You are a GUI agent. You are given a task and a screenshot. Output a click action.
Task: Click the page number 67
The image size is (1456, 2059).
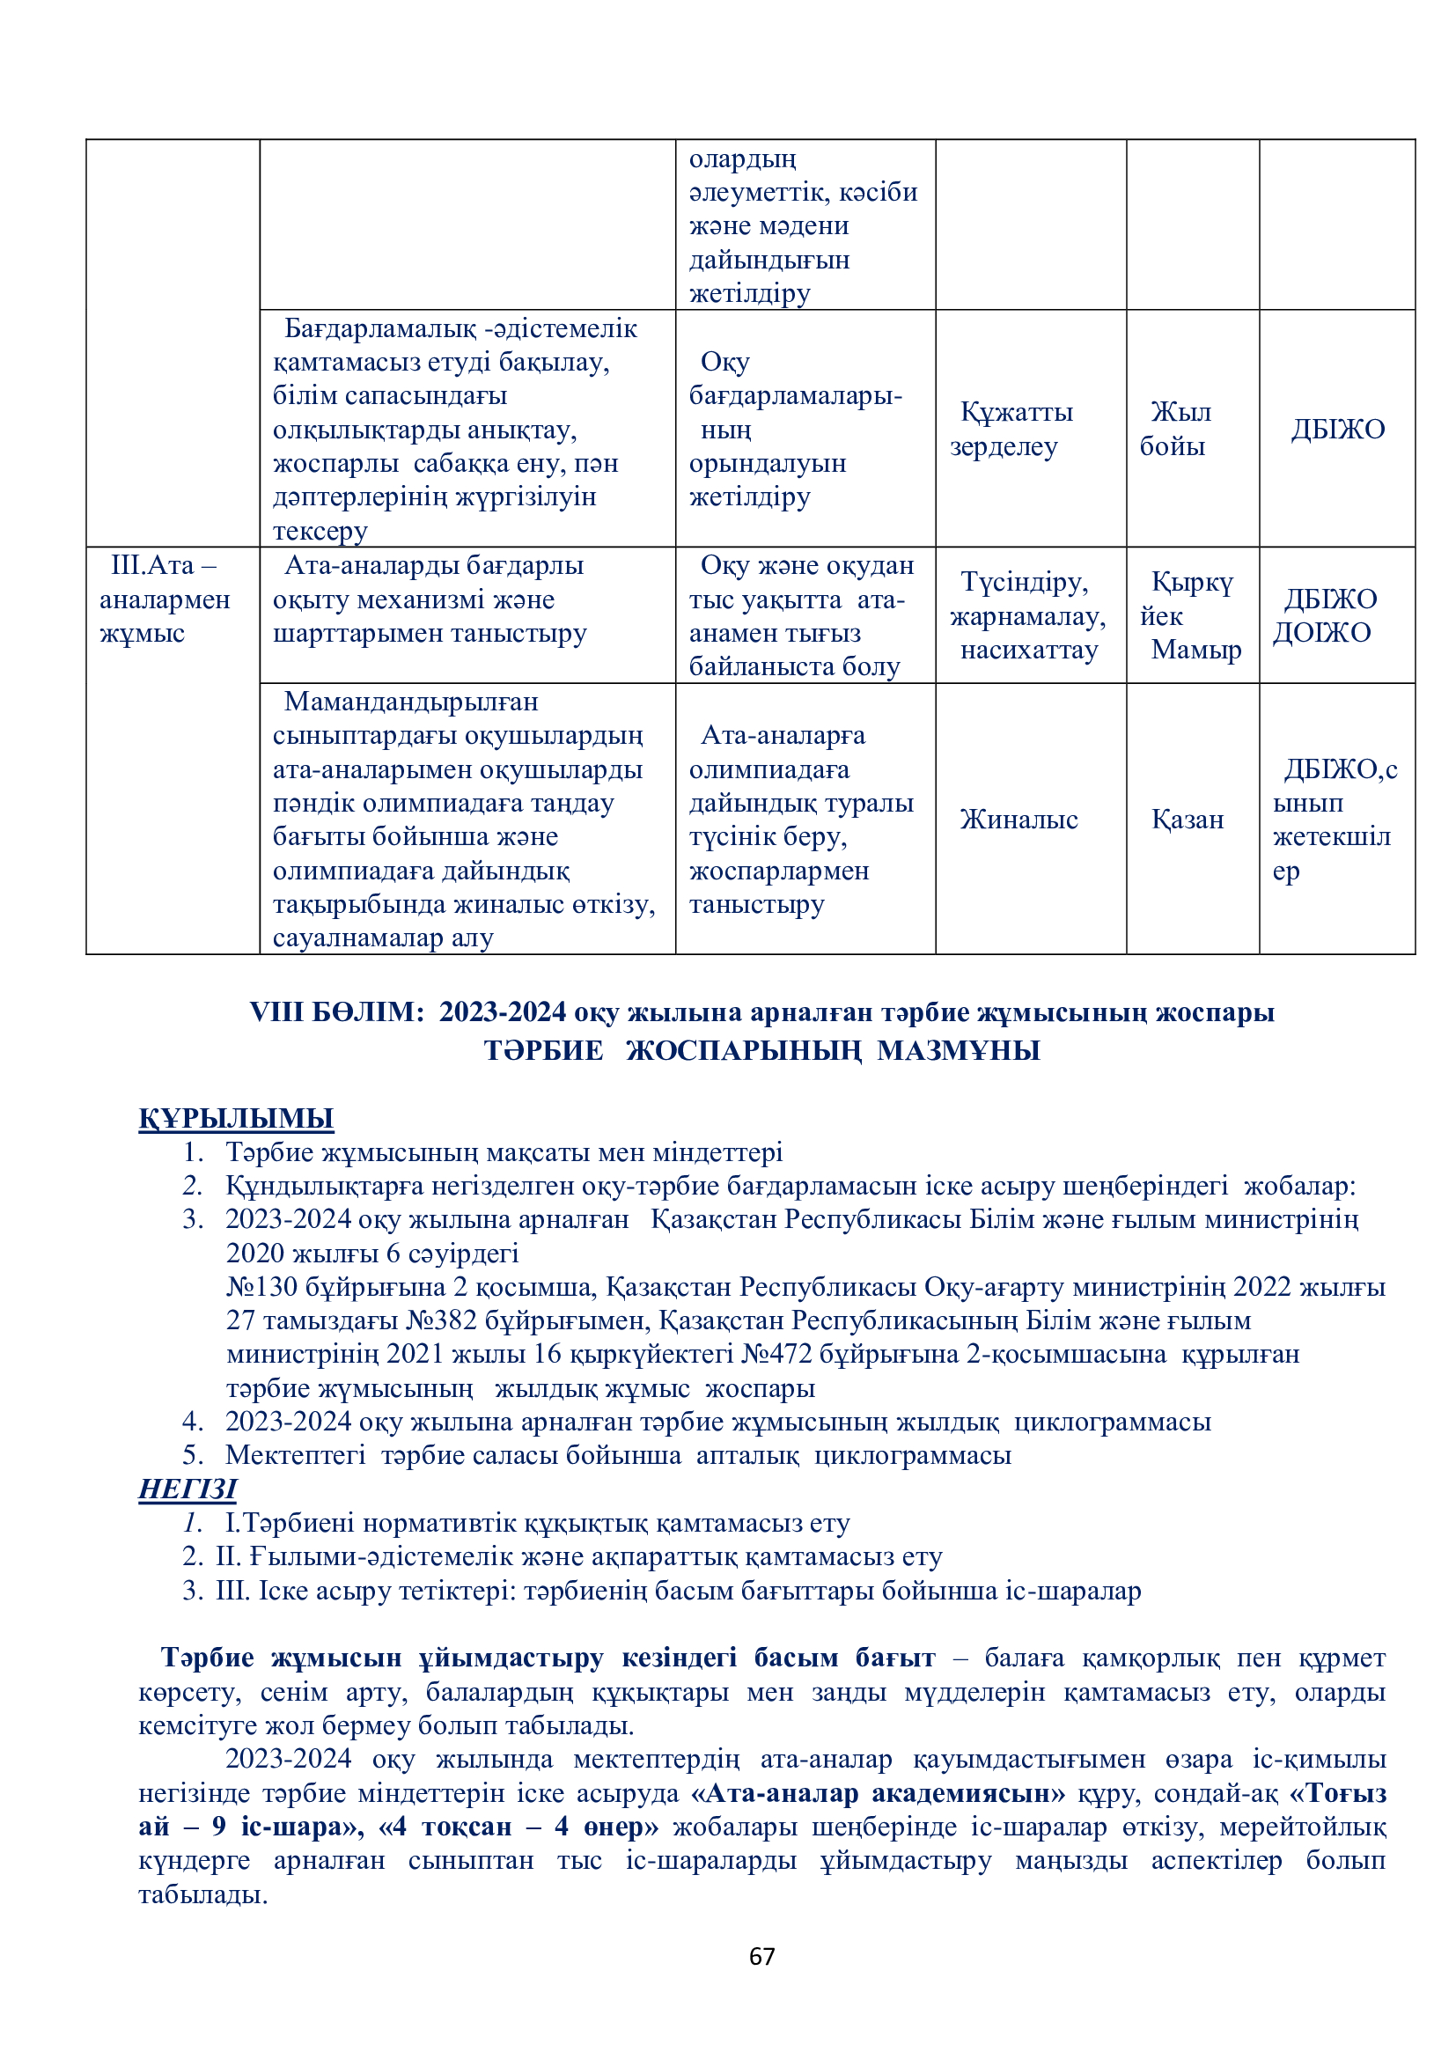pyautogui.click(x=761, y=1956)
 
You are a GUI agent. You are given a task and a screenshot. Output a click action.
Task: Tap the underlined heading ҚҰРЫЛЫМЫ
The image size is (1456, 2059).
pyautogui.click(x=236, y=1118)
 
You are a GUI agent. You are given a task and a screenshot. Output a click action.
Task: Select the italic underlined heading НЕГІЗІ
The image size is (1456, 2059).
pyautogui.click(x=188, y=1489)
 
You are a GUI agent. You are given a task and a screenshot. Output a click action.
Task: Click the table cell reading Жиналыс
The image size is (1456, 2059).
pyautogui.click(x=1018, y=820)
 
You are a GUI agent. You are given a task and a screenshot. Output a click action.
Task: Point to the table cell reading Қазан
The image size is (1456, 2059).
pyautogui.click(x=1187, y=820)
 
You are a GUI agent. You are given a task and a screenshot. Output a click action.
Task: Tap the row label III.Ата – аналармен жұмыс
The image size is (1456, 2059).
pyautogui.click(x=164, y=599)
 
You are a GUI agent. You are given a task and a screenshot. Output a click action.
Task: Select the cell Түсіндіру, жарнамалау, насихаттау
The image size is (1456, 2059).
pyautogui.click(x=1028, y=616)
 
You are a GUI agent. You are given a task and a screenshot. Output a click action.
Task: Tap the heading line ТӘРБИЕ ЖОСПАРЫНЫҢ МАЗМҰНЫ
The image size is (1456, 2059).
pyautogui.click(x=761, y=1050)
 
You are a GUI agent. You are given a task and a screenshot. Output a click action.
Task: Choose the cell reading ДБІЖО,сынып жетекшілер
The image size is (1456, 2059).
pyautogui.click(x=1333, y=820)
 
